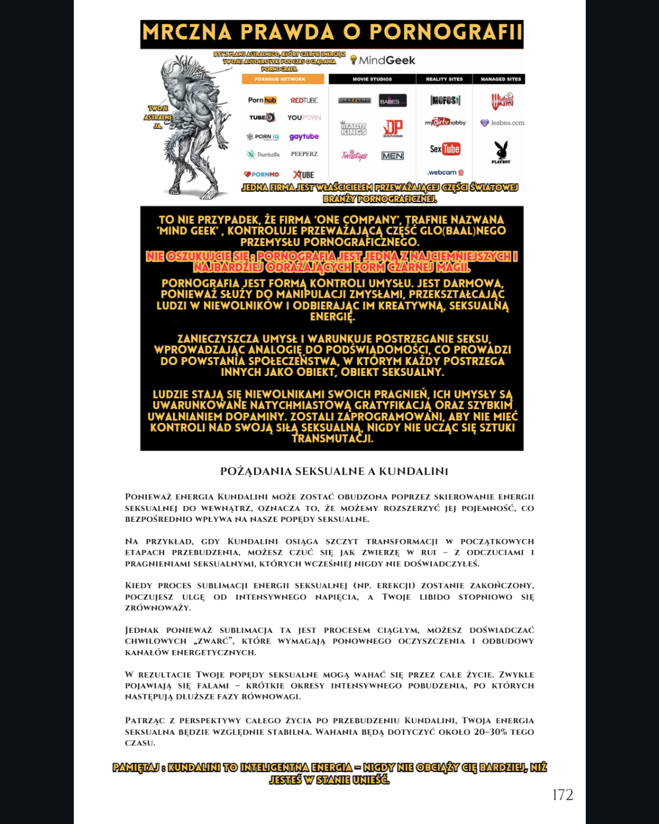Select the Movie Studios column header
(372, 79)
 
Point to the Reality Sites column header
(444, 79)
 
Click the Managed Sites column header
(501, 79)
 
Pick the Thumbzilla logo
(263, 154)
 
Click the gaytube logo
(304, 137)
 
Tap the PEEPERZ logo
(304, 154)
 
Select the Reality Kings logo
(354, 128)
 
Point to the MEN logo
(392, 156)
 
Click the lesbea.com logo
(502, 123)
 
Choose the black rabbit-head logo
(501, 150)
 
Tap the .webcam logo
(445, 173)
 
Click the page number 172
(562, 795)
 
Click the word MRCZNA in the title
(187, 32)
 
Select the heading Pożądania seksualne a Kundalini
(334, 471)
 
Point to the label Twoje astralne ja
(158, 117)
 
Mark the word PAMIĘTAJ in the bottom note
(136, 767)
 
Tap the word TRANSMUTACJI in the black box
(332, 438)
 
